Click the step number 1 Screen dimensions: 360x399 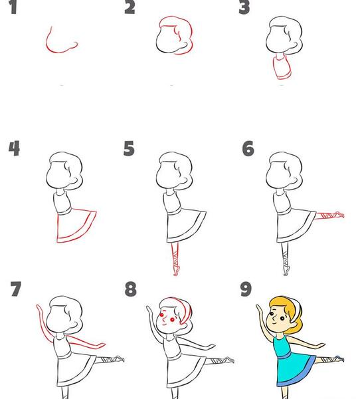[13, 7]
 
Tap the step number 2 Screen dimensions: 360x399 [130, 7]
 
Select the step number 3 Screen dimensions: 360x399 [244, 7]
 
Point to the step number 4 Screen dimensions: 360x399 [14, 148]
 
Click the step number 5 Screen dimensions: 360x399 [129, 148]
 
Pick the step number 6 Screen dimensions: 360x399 [248, 148]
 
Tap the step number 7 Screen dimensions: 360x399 [16, 289]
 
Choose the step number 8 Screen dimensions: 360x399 [130, 289]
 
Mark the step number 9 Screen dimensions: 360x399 [246, 289]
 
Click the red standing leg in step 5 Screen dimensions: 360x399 [175, 258]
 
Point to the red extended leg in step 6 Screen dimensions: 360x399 [329, 216]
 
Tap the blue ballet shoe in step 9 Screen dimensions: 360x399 [339, 358]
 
